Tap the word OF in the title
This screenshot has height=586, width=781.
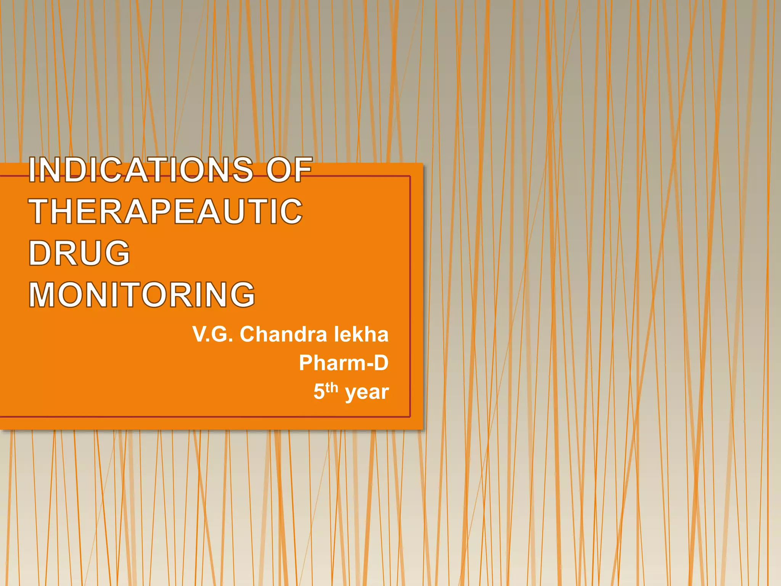coord(289,170)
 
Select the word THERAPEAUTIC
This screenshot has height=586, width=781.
coord(166,212)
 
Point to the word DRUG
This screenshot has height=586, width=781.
coord(80,253)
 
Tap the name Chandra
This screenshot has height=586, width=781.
coord(283,335)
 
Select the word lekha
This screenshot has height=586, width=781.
coord(361,335)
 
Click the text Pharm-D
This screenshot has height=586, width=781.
coord(344,363)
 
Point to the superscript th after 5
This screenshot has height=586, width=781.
coord(332,388)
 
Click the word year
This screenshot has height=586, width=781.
coord(367,392)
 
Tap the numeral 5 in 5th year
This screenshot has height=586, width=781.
coord(319,392)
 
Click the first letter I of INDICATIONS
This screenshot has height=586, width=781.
coord(32,170)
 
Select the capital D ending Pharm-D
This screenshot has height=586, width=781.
coord(381,363)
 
